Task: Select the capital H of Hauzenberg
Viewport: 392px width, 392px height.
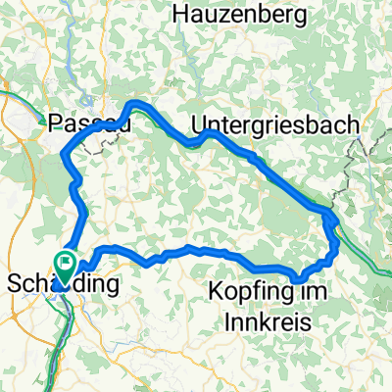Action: [178, 14]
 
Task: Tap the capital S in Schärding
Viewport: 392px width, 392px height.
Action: [14, 284]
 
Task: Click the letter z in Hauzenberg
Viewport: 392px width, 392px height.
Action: [214, 14]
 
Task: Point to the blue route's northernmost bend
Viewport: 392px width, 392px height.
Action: [138, 102]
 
